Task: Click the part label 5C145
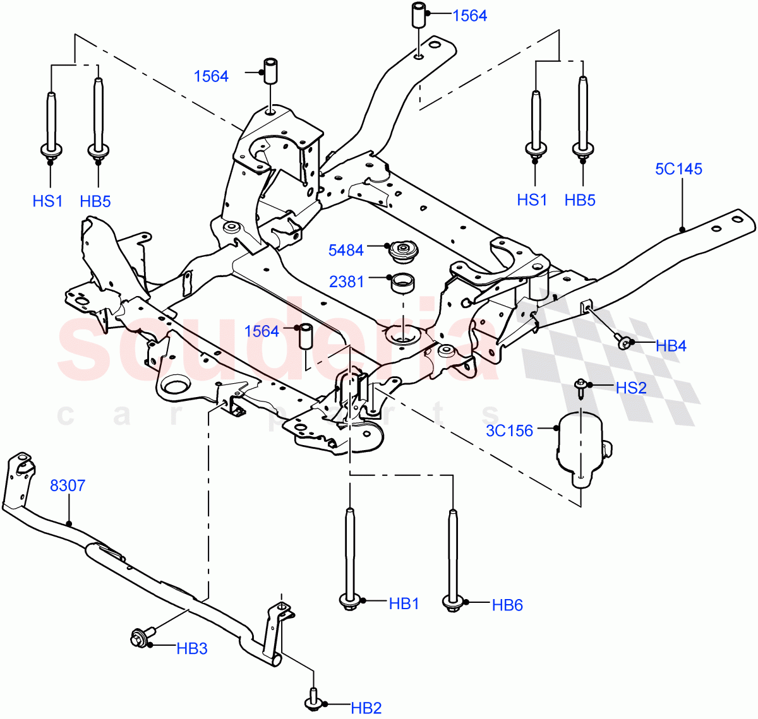pyautogui.click(x=678, y=169)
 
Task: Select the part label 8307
pyautogui.click(x=67, y=485)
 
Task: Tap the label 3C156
pyautogui.click(x=509, y=431)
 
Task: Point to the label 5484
pyautogui.click(x=346, y=250)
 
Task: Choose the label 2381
pyautogui.click(x=346, y=281)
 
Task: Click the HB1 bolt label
pyautogui.click(x=404, y=603)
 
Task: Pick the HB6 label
pyautogui.click(x=507, y=605)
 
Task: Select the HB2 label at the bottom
pyautogui.click(x=366, y=708)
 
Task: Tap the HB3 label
pyautogui.click(x=191, y=648)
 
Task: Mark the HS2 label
pyautogui.click(x=630, y=388)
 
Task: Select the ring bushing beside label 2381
pyautogui.click(x=402, y=282)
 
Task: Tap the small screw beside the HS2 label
pyautogui.click(x=580, y=388)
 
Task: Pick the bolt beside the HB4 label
pyautogui.click(x=624, y=343)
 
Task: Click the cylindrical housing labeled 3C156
pyautogui.click(x=578, y=448)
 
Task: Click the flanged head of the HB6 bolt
pyautogui.click(x=453, y=603)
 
